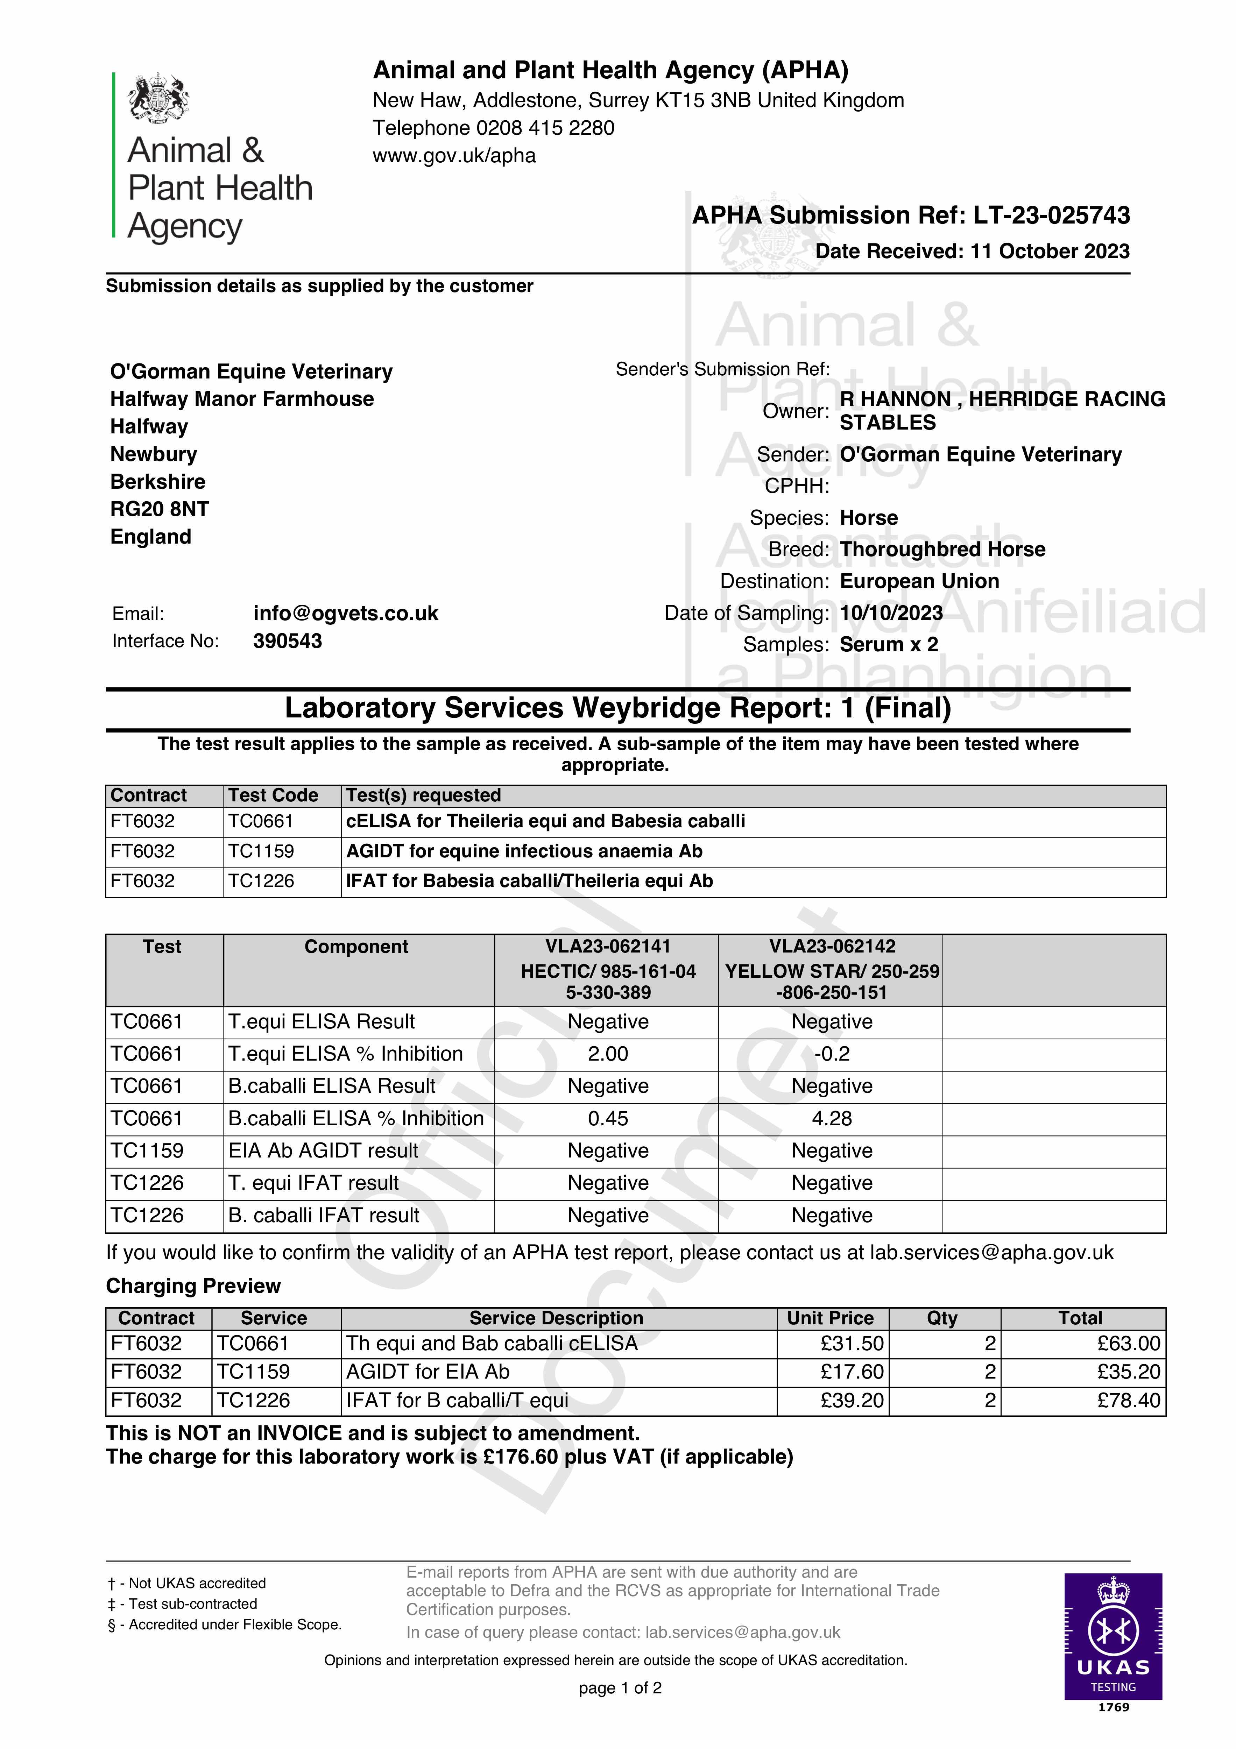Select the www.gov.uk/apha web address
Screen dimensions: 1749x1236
pyautogui.click(x=454, y=156)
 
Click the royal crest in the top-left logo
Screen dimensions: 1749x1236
pyautogui.click(x=158, y=98)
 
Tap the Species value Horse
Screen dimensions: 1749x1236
pyautogui.click(x=869, y=518)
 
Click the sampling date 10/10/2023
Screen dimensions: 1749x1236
pyautogui.click(x=891, y=613)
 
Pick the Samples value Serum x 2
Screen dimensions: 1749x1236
pyautogui.click(x=889, y=644)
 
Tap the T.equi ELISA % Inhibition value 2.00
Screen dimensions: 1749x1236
pyautogui.click(x=607, y=1054)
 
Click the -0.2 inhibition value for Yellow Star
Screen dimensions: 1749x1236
pyautogui.click(x=831, y=1054)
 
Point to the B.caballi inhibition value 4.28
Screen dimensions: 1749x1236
pyautogui.click(x=831, y=1119)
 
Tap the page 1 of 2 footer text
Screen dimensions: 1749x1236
pyautogui.click(x=620, y=1688)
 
